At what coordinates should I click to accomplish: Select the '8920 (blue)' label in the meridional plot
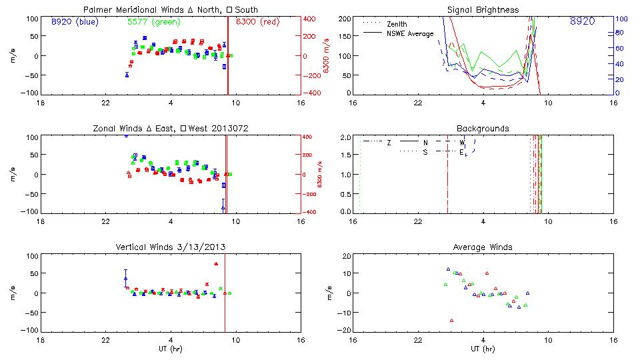[x=75, y=21]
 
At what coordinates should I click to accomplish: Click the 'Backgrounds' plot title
[x=483, y=128]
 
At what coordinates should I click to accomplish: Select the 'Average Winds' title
[x=483, y=247]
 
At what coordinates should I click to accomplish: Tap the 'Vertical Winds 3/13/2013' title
[x=171, y=247]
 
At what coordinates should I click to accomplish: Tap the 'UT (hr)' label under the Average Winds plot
[x=483, y=349]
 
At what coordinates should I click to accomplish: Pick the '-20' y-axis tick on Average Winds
[x=345, y=331]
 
